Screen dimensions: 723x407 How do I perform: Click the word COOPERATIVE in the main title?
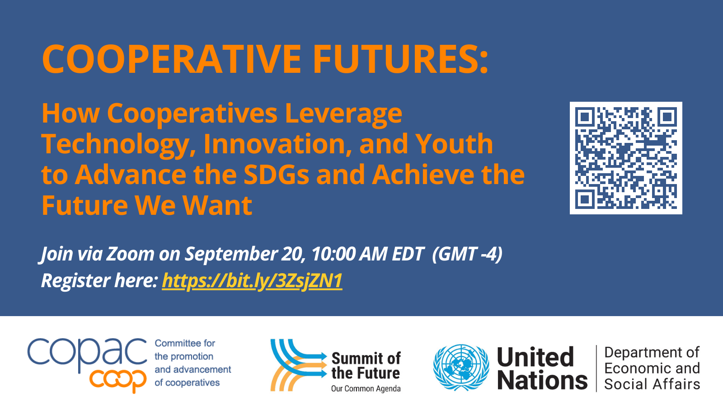[171, 59]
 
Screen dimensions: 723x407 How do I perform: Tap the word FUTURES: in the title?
[400, 59]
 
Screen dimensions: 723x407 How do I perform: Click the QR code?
[626, 158]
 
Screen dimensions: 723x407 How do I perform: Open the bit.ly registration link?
[252, 280]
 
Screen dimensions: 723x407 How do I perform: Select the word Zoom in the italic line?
[131, 254]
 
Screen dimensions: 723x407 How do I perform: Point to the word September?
[231, 254]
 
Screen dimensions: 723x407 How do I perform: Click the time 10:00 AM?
[350, 254]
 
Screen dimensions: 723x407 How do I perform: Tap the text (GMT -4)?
[467, 254]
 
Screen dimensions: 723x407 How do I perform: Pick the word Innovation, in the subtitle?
[278, 144]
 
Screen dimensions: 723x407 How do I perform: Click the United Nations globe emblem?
[461, 368]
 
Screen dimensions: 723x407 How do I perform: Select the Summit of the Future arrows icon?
[299, 365]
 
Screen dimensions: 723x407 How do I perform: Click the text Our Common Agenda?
[366, 388]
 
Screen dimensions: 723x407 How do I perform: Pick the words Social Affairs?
[652, 384]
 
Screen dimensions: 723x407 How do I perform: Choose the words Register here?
[99, 280]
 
